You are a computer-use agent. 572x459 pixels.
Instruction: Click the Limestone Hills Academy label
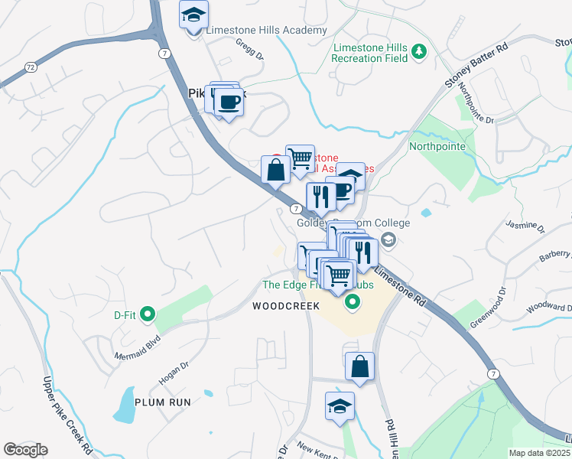(266, 31)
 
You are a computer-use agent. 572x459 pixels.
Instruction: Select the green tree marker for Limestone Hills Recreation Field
(418, 51)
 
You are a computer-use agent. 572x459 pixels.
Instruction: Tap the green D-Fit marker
(148, 314)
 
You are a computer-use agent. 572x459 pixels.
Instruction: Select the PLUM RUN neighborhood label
(161, 402)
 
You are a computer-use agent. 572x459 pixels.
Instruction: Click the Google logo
(25, 450)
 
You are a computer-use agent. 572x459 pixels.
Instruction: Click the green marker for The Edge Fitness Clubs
(353, 302)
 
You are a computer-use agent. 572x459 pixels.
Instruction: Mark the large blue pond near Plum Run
(125, 405)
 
